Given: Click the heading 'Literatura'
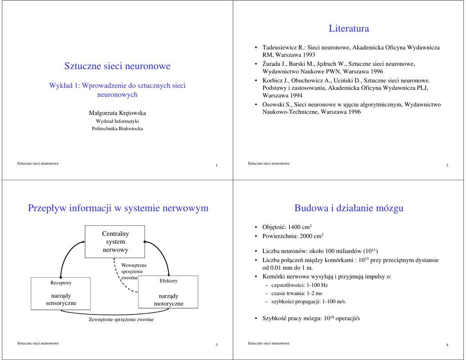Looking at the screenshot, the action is pos(349,29).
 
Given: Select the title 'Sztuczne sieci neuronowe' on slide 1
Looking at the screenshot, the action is pos(117,66).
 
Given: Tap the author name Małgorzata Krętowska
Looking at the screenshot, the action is pos(117,113).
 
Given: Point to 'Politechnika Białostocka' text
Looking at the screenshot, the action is pos(117,129).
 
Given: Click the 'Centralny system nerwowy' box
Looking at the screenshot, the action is pos(115,242).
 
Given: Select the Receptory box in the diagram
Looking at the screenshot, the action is pos(61,293).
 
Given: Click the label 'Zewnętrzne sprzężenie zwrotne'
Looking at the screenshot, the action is pos(121,319).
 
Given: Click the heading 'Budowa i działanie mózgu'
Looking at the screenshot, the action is pos(349,208).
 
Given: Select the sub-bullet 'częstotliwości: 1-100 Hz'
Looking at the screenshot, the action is pos(299,285).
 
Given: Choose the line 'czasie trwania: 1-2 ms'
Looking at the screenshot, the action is pos(296,294).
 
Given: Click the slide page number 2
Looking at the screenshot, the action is pos(447,165).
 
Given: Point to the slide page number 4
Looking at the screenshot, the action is pos(447,345).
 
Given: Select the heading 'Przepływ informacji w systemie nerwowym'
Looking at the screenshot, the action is pos(118,208).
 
